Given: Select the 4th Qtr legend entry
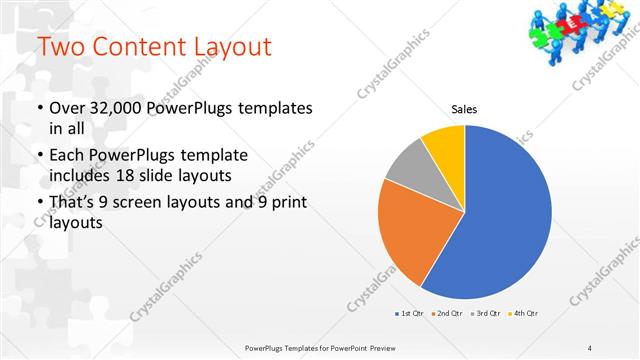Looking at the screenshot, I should (526, 313).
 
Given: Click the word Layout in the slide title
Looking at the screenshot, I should (223, 46).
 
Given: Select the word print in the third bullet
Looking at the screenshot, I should (286, 203).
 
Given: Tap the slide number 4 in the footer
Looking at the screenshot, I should (589, 348).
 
